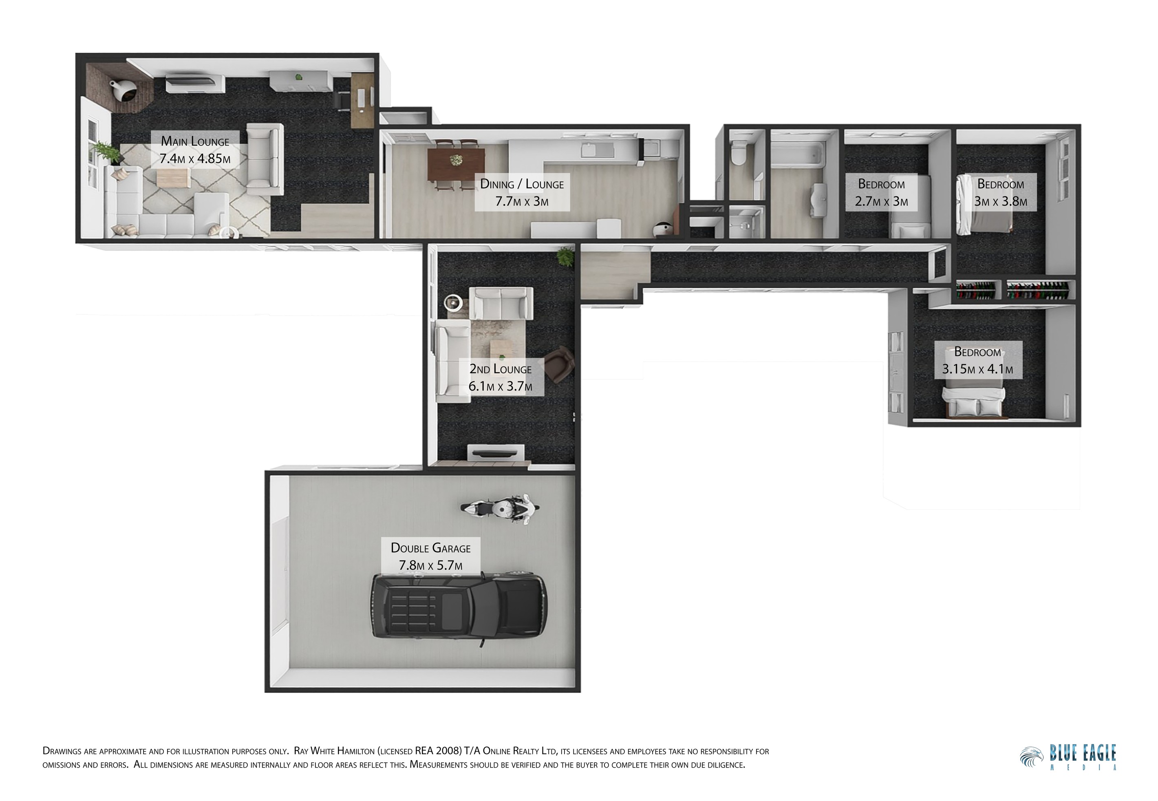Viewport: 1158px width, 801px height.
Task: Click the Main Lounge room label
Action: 195,141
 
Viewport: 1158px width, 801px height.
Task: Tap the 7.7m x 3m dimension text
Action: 522,202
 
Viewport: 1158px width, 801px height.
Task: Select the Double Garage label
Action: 430,548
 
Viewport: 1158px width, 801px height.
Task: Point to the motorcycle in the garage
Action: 500,508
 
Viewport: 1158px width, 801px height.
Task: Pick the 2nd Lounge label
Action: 500,369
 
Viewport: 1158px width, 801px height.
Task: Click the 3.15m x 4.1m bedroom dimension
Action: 977,369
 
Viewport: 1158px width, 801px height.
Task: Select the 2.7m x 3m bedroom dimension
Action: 882,202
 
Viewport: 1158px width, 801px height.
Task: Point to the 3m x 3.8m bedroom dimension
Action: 1000,202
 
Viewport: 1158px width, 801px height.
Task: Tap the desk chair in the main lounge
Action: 343,100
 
